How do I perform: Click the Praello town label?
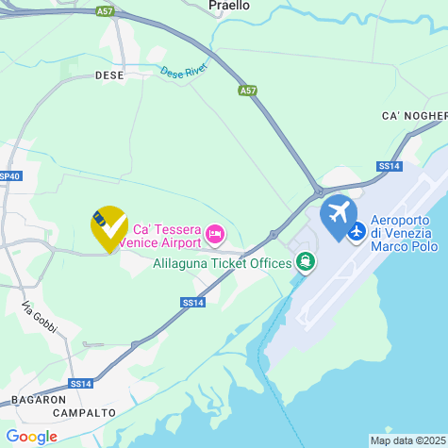click(x=229, y=6)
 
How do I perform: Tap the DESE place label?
click(x=109, y=75)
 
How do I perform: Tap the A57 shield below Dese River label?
click(x=246, y=91)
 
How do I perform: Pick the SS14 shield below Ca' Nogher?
click(x=389, y=166)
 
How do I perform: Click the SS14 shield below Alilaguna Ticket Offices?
click(x=191, y=302)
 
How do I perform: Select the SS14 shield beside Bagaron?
click(x=80, y=384)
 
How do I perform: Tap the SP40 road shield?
click(x=8, y=175)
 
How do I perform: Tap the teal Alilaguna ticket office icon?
click(x=304, y=261)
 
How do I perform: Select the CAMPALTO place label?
click(x=85, y=412)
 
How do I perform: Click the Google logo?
click(x=31, y=437)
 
